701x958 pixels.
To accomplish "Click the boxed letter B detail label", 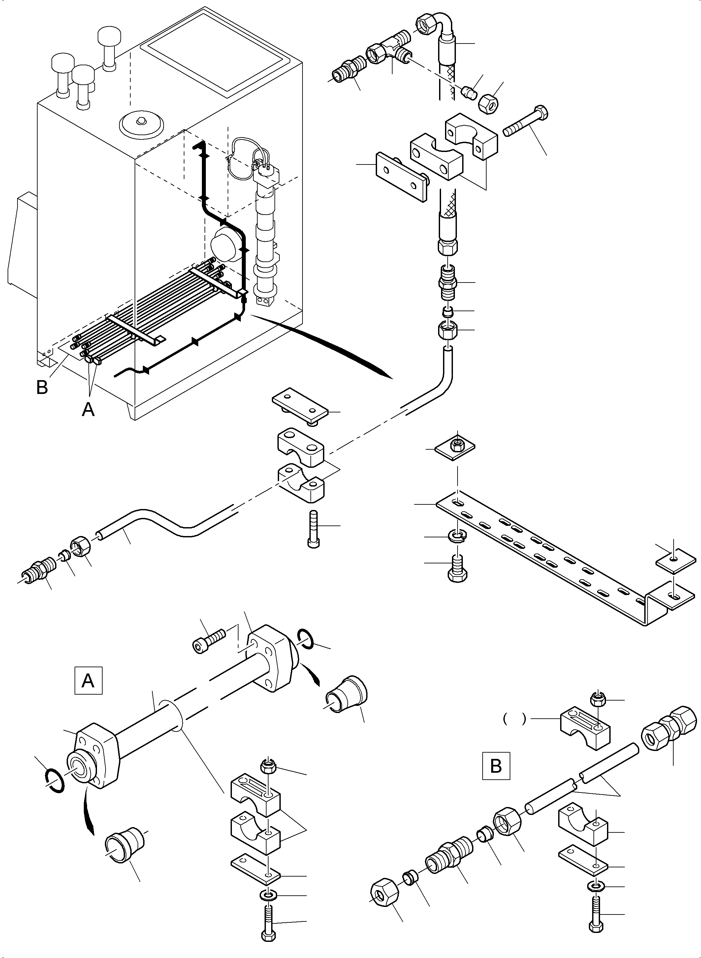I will [x=495, y=766].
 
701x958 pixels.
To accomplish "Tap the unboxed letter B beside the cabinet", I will [x=42, y=387].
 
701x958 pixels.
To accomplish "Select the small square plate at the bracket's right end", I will [x=676, y=563].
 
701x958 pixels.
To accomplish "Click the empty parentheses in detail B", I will [x=514, y=718].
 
